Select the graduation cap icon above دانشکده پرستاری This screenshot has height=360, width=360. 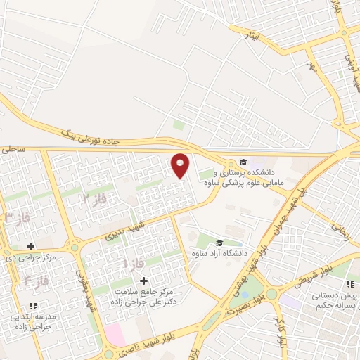click(x=243, y=160)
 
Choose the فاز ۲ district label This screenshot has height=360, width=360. click(x=95, y=200)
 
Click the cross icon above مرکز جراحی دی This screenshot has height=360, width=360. click(x=30, y=246)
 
